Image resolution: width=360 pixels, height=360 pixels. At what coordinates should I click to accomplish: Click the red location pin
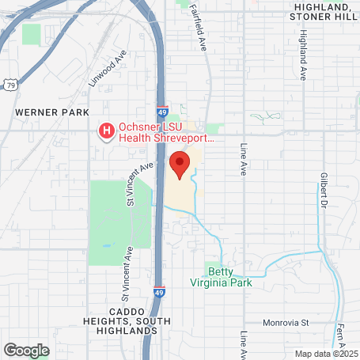180,165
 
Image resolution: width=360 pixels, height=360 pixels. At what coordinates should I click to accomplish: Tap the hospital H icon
104,130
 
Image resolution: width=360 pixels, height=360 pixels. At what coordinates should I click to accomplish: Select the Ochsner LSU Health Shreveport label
166,131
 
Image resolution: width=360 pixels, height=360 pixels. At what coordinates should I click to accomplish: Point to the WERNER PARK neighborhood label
52,113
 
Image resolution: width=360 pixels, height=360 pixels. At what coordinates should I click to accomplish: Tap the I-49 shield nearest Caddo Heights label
159,293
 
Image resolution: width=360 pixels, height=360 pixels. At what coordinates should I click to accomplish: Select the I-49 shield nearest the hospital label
161,112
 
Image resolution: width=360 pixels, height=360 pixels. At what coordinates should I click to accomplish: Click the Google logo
26,349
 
